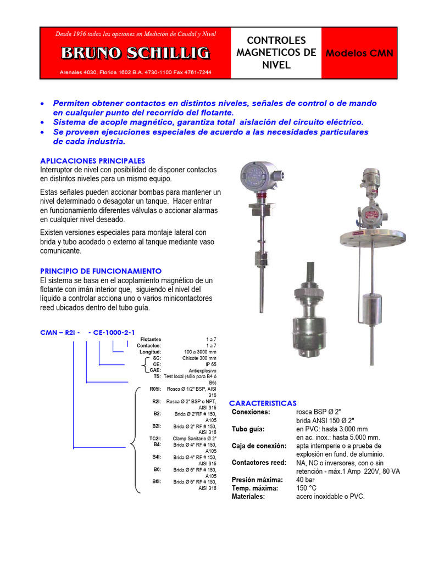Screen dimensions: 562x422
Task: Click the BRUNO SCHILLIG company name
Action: [x=135, y=53]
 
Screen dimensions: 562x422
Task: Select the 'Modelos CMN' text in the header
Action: [x=359, y=53]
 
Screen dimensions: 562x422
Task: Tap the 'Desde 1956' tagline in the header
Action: [x=136, y=34]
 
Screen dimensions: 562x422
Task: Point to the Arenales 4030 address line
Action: [x=135, y=72]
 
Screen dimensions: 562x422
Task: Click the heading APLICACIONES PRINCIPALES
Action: [x=93, y=161]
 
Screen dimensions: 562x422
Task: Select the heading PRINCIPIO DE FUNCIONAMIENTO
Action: [x=101, y=271]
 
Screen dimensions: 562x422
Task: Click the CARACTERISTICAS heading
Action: [x=263, y=403]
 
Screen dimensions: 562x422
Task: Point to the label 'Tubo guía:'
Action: [x=248, y=429]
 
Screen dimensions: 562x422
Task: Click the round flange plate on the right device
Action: [x=373, y=237]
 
